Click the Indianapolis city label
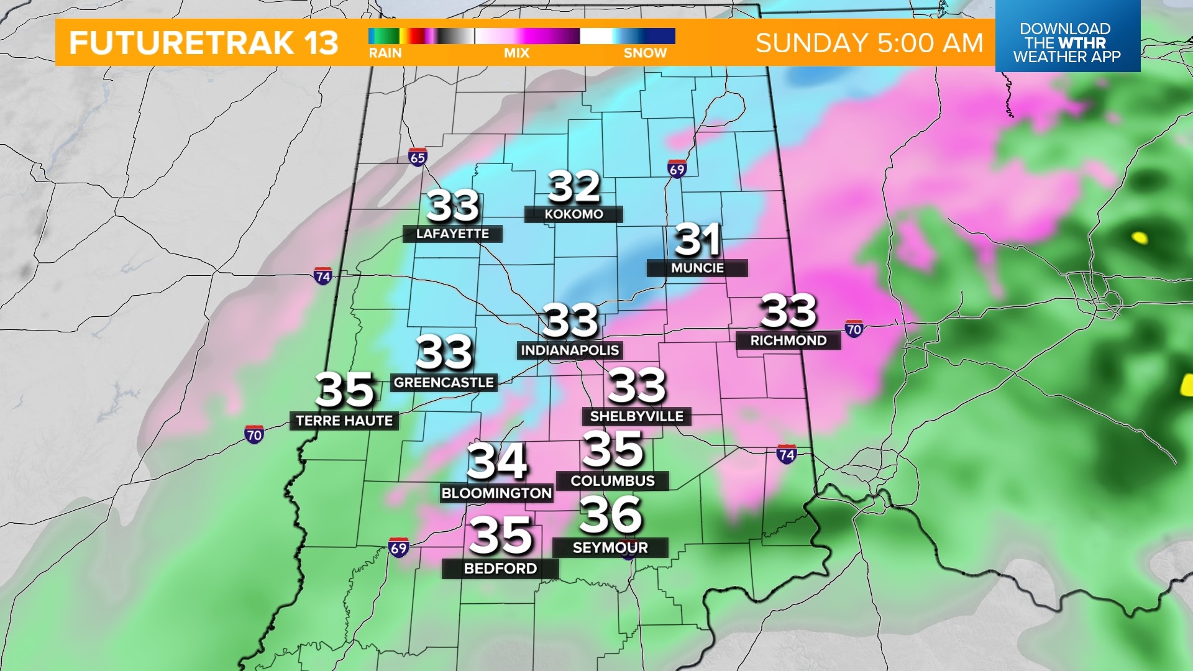tap(570, 350)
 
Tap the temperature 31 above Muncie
tap(697, 240)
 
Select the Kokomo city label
tap(574, 214)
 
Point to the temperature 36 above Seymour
tap(610, 515)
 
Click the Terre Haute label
tap(344, 421)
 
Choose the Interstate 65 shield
tap(418, 157)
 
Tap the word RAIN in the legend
tap(385, 53)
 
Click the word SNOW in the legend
tap(645, 53)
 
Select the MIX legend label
tap(516, 53)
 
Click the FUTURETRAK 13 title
tap(204, 43)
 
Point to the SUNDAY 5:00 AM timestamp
tap(869, 43)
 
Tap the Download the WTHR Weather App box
tap(1067, 42)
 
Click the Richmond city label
tap(788, 340)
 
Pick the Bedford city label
tap(500, 568)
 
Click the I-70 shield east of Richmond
tap(854, 329)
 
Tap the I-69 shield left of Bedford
tap(398, 548)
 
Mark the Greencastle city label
tap(444, 383)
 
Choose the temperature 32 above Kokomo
tap(574, 186)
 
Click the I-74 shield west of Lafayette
tap(322, 276)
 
